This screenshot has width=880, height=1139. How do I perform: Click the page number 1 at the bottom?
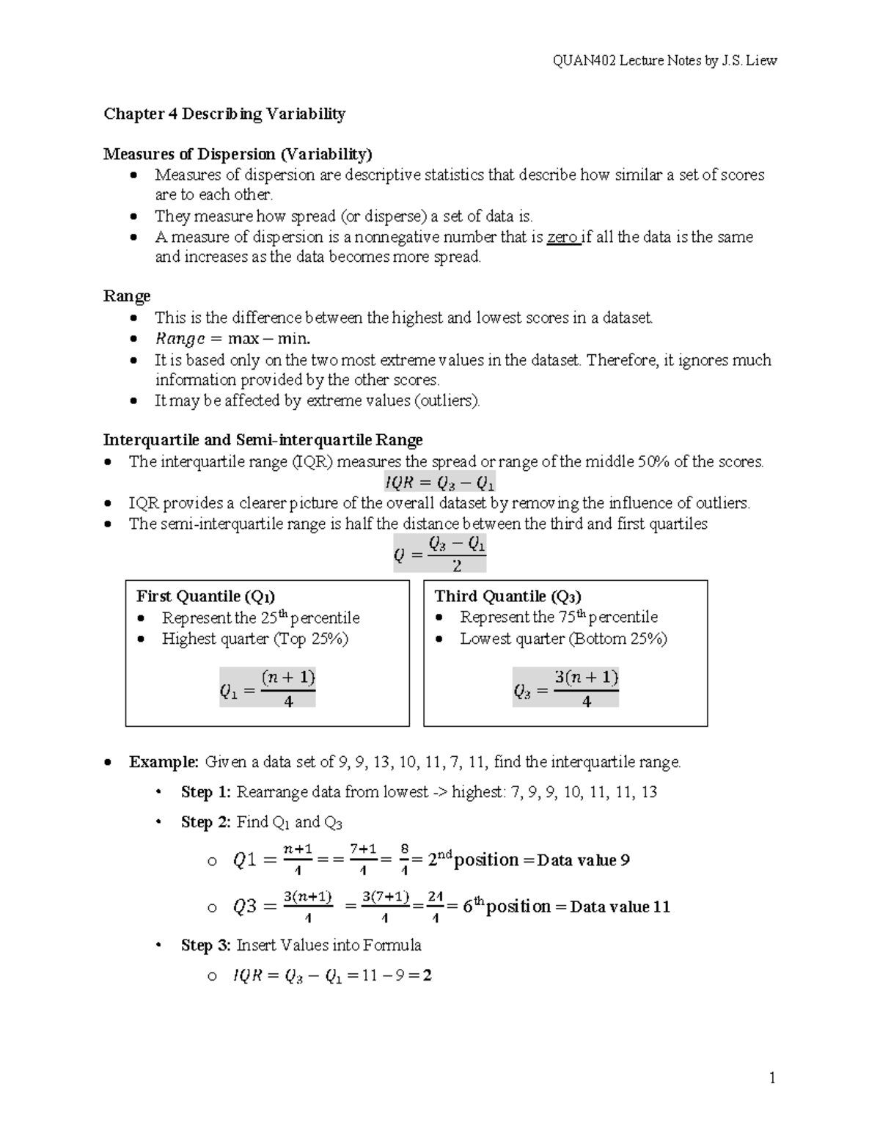click(772, 1077)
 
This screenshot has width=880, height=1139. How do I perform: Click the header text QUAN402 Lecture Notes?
click(664, 61)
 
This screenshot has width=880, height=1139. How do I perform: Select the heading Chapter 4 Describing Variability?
click(224, 114)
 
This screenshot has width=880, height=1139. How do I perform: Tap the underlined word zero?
click(562, 237)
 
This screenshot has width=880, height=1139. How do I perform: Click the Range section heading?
click(127, 296)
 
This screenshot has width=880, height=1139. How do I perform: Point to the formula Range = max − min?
click(232, 339)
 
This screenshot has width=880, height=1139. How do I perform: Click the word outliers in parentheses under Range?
click(447, 400)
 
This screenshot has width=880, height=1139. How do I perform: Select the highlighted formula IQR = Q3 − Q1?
click(439, 483)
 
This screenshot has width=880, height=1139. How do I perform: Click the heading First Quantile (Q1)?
click(206, 596)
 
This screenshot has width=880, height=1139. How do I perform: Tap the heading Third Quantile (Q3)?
click(507, 596)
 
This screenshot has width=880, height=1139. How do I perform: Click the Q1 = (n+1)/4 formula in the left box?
click(267, 688)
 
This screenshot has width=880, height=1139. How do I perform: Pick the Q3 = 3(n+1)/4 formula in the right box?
click(565, 688)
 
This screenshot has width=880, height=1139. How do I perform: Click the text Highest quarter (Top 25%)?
click(254, 639)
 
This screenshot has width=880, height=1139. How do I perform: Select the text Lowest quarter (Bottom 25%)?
click(563, 639)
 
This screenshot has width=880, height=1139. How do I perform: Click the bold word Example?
click(164, 762)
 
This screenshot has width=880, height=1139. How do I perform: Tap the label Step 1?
click(206, 792)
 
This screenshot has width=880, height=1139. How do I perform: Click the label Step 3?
click(206, 945)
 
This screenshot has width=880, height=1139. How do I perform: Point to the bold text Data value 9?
click(583, 860)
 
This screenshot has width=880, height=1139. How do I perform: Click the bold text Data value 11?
click(620, 907)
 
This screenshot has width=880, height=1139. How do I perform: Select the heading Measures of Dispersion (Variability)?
click(238, 154)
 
